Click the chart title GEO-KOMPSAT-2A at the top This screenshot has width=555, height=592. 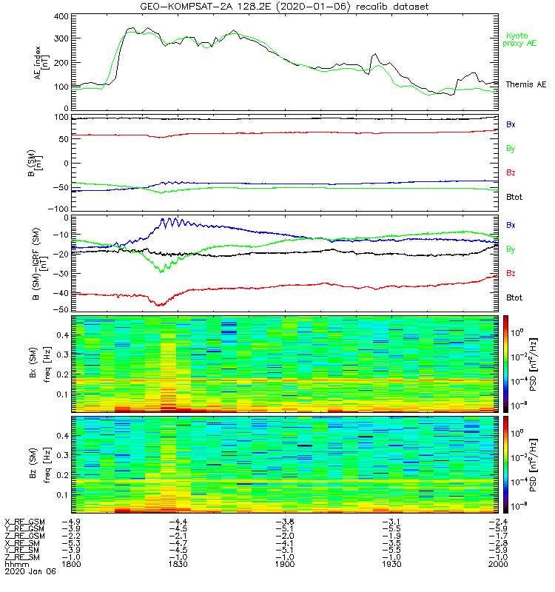click(x=222, y=7)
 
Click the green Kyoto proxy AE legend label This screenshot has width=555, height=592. click(x=522, y=39)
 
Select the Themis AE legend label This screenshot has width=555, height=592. click(x=525, y=85)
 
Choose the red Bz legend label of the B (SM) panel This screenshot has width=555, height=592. click(x=510, y=173)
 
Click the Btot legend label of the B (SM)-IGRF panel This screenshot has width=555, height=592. click(x=513, y=297)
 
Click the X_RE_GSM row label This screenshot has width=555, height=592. click(x=24, y=522)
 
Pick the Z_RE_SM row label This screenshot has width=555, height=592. click(x=23, y=557)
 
